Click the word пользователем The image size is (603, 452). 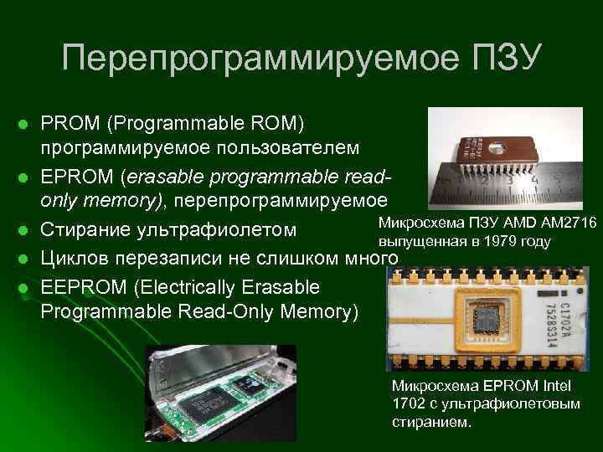point(278,148)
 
